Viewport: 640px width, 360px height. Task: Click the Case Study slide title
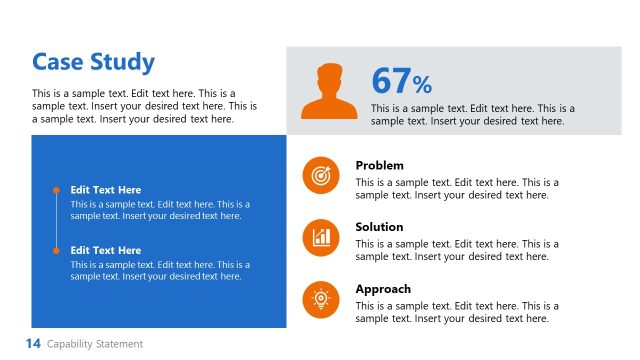click(93, 62)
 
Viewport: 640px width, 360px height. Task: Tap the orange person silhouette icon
click(328, 91)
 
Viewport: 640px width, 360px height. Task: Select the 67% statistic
click(401, 81)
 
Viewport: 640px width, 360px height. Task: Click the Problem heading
click(380, 165)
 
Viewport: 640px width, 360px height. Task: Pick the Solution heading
click(379, 227)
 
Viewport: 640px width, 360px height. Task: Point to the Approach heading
click(383, 289)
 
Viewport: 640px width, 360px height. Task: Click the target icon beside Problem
click(321, 176)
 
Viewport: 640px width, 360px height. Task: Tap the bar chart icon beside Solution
click(321, 237)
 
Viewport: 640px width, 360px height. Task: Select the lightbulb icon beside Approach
click(321, 298)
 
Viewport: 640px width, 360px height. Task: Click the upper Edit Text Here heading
click(106, 190)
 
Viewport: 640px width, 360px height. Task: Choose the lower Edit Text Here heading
click(106, 250)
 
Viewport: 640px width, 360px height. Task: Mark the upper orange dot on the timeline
click(56, 189)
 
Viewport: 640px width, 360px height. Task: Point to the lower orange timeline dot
click(56, 250)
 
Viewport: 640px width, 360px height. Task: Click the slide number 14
click(33, 344)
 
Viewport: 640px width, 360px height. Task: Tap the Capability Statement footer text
click(95, 344)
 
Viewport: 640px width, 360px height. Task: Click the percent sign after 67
click(422, 85)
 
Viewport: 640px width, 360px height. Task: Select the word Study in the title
click(123, 62)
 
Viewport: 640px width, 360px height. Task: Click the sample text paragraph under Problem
click(457, 189)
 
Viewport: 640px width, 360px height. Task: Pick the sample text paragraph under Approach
click(457, 312)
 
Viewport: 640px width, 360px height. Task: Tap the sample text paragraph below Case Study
click(144, 106)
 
